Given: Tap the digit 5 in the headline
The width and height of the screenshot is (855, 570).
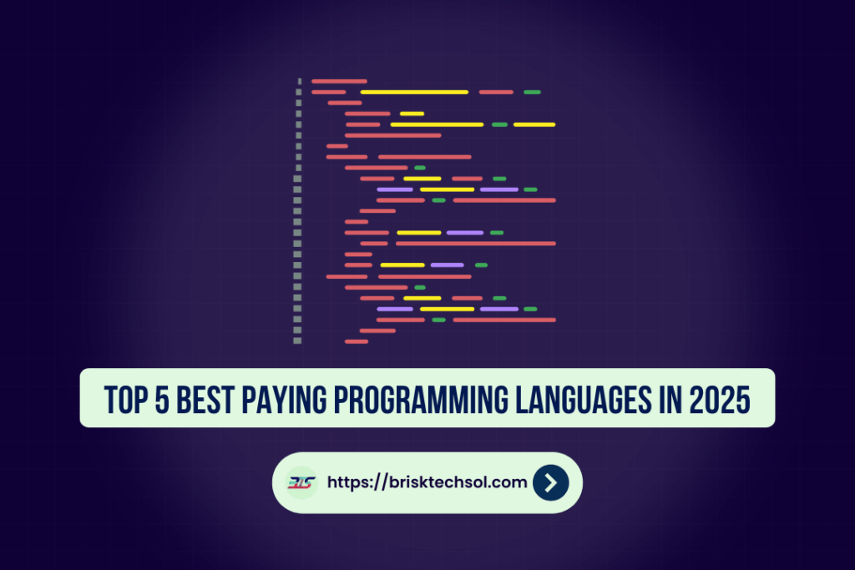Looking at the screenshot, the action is point(162,400).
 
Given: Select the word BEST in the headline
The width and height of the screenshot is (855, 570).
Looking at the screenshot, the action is point(205,400).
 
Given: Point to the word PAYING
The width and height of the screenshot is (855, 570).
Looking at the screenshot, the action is point(284,400).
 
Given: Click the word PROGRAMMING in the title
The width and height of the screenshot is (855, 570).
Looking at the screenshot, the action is point(421,400).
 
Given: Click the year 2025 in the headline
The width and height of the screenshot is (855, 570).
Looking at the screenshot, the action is point(720,400).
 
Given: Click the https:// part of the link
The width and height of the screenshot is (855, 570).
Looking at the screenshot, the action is point(357,483).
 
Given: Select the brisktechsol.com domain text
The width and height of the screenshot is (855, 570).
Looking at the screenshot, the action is point(458,482).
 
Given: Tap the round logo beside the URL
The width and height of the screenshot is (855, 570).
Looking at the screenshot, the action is point(301,483).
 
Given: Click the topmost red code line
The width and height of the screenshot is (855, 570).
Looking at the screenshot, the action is point(339,81).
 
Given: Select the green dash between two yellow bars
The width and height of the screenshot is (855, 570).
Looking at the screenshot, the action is point(499,125).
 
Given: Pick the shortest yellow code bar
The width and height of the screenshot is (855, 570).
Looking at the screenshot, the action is point(412,113).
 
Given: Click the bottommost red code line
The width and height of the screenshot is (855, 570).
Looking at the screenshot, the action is point(357,341).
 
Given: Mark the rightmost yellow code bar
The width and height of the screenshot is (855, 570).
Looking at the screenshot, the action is point(534,125).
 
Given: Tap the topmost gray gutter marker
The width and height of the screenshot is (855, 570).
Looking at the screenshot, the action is point(300,81).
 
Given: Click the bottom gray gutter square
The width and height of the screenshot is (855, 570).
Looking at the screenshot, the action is point(297,341).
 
